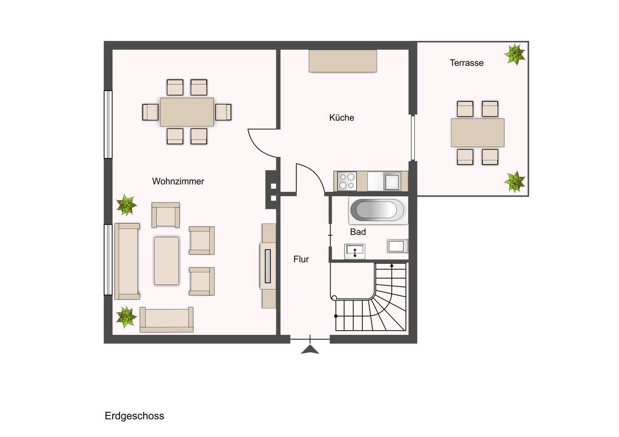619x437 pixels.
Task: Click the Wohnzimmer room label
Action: [178, 181]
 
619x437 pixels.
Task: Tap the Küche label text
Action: [342, 118]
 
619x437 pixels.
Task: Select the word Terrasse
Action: [466, 63]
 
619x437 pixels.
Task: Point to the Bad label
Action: [358, 232]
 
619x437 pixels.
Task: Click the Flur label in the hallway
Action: [301, 259]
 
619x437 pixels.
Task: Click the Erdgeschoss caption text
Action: [134, 416]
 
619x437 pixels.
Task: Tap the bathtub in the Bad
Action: [378, 210]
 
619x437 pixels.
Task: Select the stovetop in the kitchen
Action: [347, 181]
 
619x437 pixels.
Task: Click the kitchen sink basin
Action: [392, 181]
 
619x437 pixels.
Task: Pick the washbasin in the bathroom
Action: [355, 251]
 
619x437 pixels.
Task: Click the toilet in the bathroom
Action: [398, 246]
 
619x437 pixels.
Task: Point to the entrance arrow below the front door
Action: [310, 349]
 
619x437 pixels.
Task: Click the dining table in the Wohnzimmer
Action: [187, 112]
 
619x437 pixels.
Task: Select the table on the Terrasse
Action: [478, 133]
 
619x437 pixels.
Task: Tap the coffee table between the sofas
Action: [166, 261]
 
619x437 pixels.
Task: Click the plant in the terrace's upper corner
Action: [515, 55]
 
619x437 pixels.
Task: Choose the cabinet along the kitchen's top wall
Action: [343, 61]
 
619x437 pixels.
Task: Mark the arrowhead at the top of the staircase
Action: [392, 265]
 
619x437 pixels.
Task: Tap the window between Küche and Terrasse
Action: [413, 138]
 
